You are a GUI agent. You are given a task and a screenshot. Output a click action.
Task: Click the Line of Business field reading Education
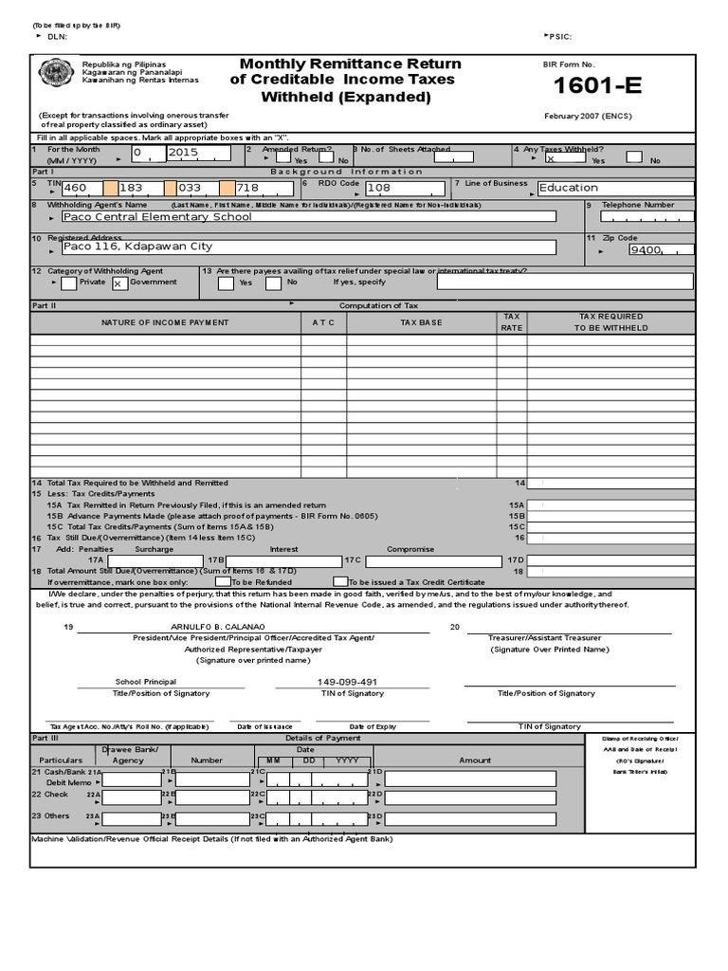(x=614, y=188)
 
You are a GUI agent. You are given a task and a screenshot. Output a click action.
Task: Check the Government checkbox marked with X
(x=118, y=283)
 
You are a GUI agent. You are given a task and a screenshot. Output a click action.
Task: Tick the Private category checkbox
(x=68, y=283)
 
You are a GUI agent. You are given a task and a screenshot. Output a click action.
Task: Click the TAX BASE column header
(x=421, y=322)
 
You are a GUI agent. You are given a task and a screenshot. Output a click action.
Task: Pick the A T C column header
(x=323, y=322)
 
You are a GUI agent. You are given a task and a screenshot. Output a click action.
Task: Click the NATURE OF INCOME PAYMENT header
(x=165, y=322)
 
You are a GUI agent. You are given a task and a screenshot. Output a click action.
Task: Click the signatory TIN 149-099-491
(x=347, y=682)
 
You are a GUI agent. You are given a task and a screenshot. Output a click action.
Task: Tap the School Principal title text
(x=146, y=682)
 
